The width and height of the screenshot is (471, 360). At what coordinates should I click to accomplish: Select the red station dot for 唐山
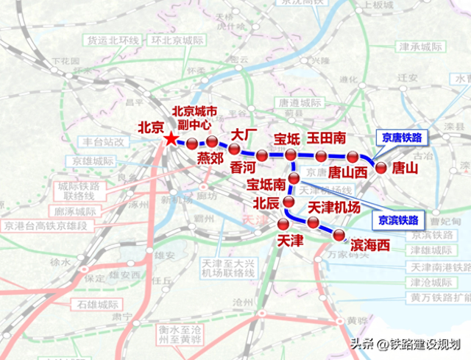(381, 167)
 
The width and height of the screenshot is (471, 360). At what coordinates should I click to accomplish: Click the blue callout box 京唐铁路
(402, 138)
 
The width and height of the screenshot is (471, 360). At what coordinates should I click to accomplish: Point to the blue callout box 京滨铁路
(397, 220)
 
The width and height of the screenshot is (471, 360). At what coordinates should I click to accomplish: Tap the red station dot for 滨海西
(339, 235)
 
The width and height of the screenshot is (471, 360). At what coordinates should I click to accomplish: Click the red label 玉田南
(327, 138)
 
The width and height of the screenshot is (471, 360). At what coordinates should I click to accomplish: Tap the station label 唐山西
(347, 172)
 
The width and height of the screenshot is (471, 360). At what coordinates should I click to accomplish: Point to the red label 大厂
(244, 135)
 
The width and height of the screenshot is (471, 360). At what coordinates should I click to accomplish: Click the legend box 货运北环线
(113, 40)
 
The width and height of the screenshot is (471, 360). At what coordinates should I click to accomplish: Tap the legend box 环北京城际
(174, 40)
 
